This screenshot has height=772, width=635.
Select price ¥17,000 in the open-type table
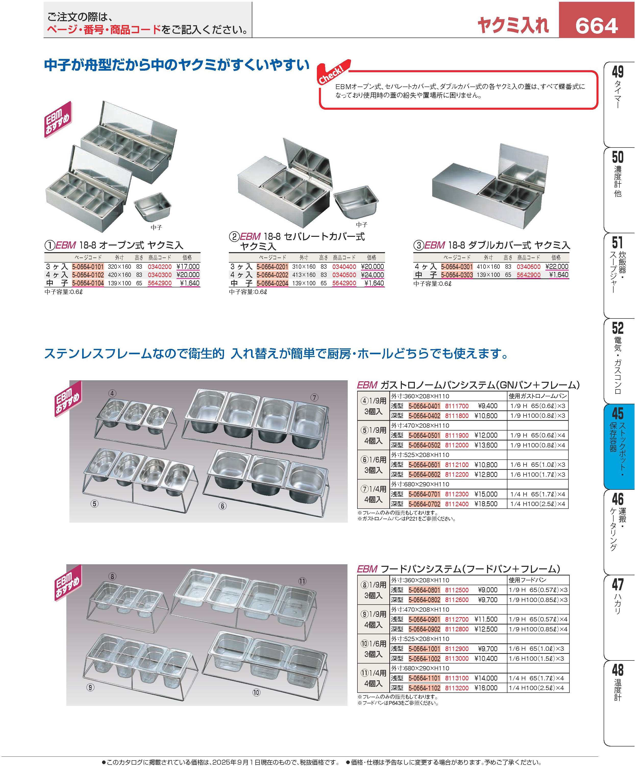[x=188, y=267]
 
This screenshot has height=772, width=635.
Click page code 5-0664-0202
[x=272, y=275]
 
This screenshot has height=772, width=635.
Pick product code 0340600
[x=529, y=267]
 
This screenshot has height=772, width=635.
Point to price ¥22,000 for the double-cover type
[x=557, y=267]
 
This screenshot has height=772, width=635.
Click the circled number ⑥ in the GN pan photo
[x=222, y=506]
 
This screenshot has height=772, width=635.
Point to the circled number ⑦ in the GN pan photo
[x=315, y=398]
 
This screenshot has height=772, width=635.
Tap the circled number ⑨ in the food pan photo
[x=90, y=688]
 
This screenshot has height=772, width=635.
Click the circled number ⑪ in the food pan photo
[x=302, y=581]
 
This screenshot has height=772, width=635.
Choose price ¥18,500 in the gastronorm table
[x=486, y=504]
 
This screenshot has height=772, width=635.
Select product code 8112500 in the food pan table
[x=456, y=590]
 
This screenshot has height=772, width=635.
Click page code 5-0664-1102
[x=424, y=688]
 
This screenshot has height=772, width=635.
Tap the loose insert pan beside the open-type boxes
[x=153, y=207]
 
